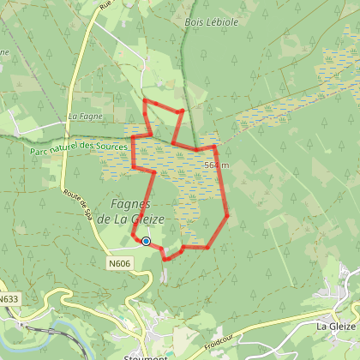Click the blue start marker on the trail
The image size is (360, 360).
pos(146,242)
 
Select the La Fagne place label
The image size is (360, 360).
pos(85,116)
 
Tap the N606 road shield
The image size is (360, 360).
pos(120,261)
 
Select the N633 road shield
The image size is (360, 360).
pos(9,299)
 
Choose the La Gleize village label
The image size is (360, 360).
pos(335,326)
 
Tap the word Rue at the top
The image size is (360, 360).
pos(105,5)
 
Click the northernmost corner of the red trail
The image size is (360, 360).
pos(144,100)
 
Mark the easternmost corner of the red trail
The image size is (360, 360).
pos(228,214)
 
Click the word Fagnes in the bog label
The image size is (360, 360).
pos(131,204)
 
